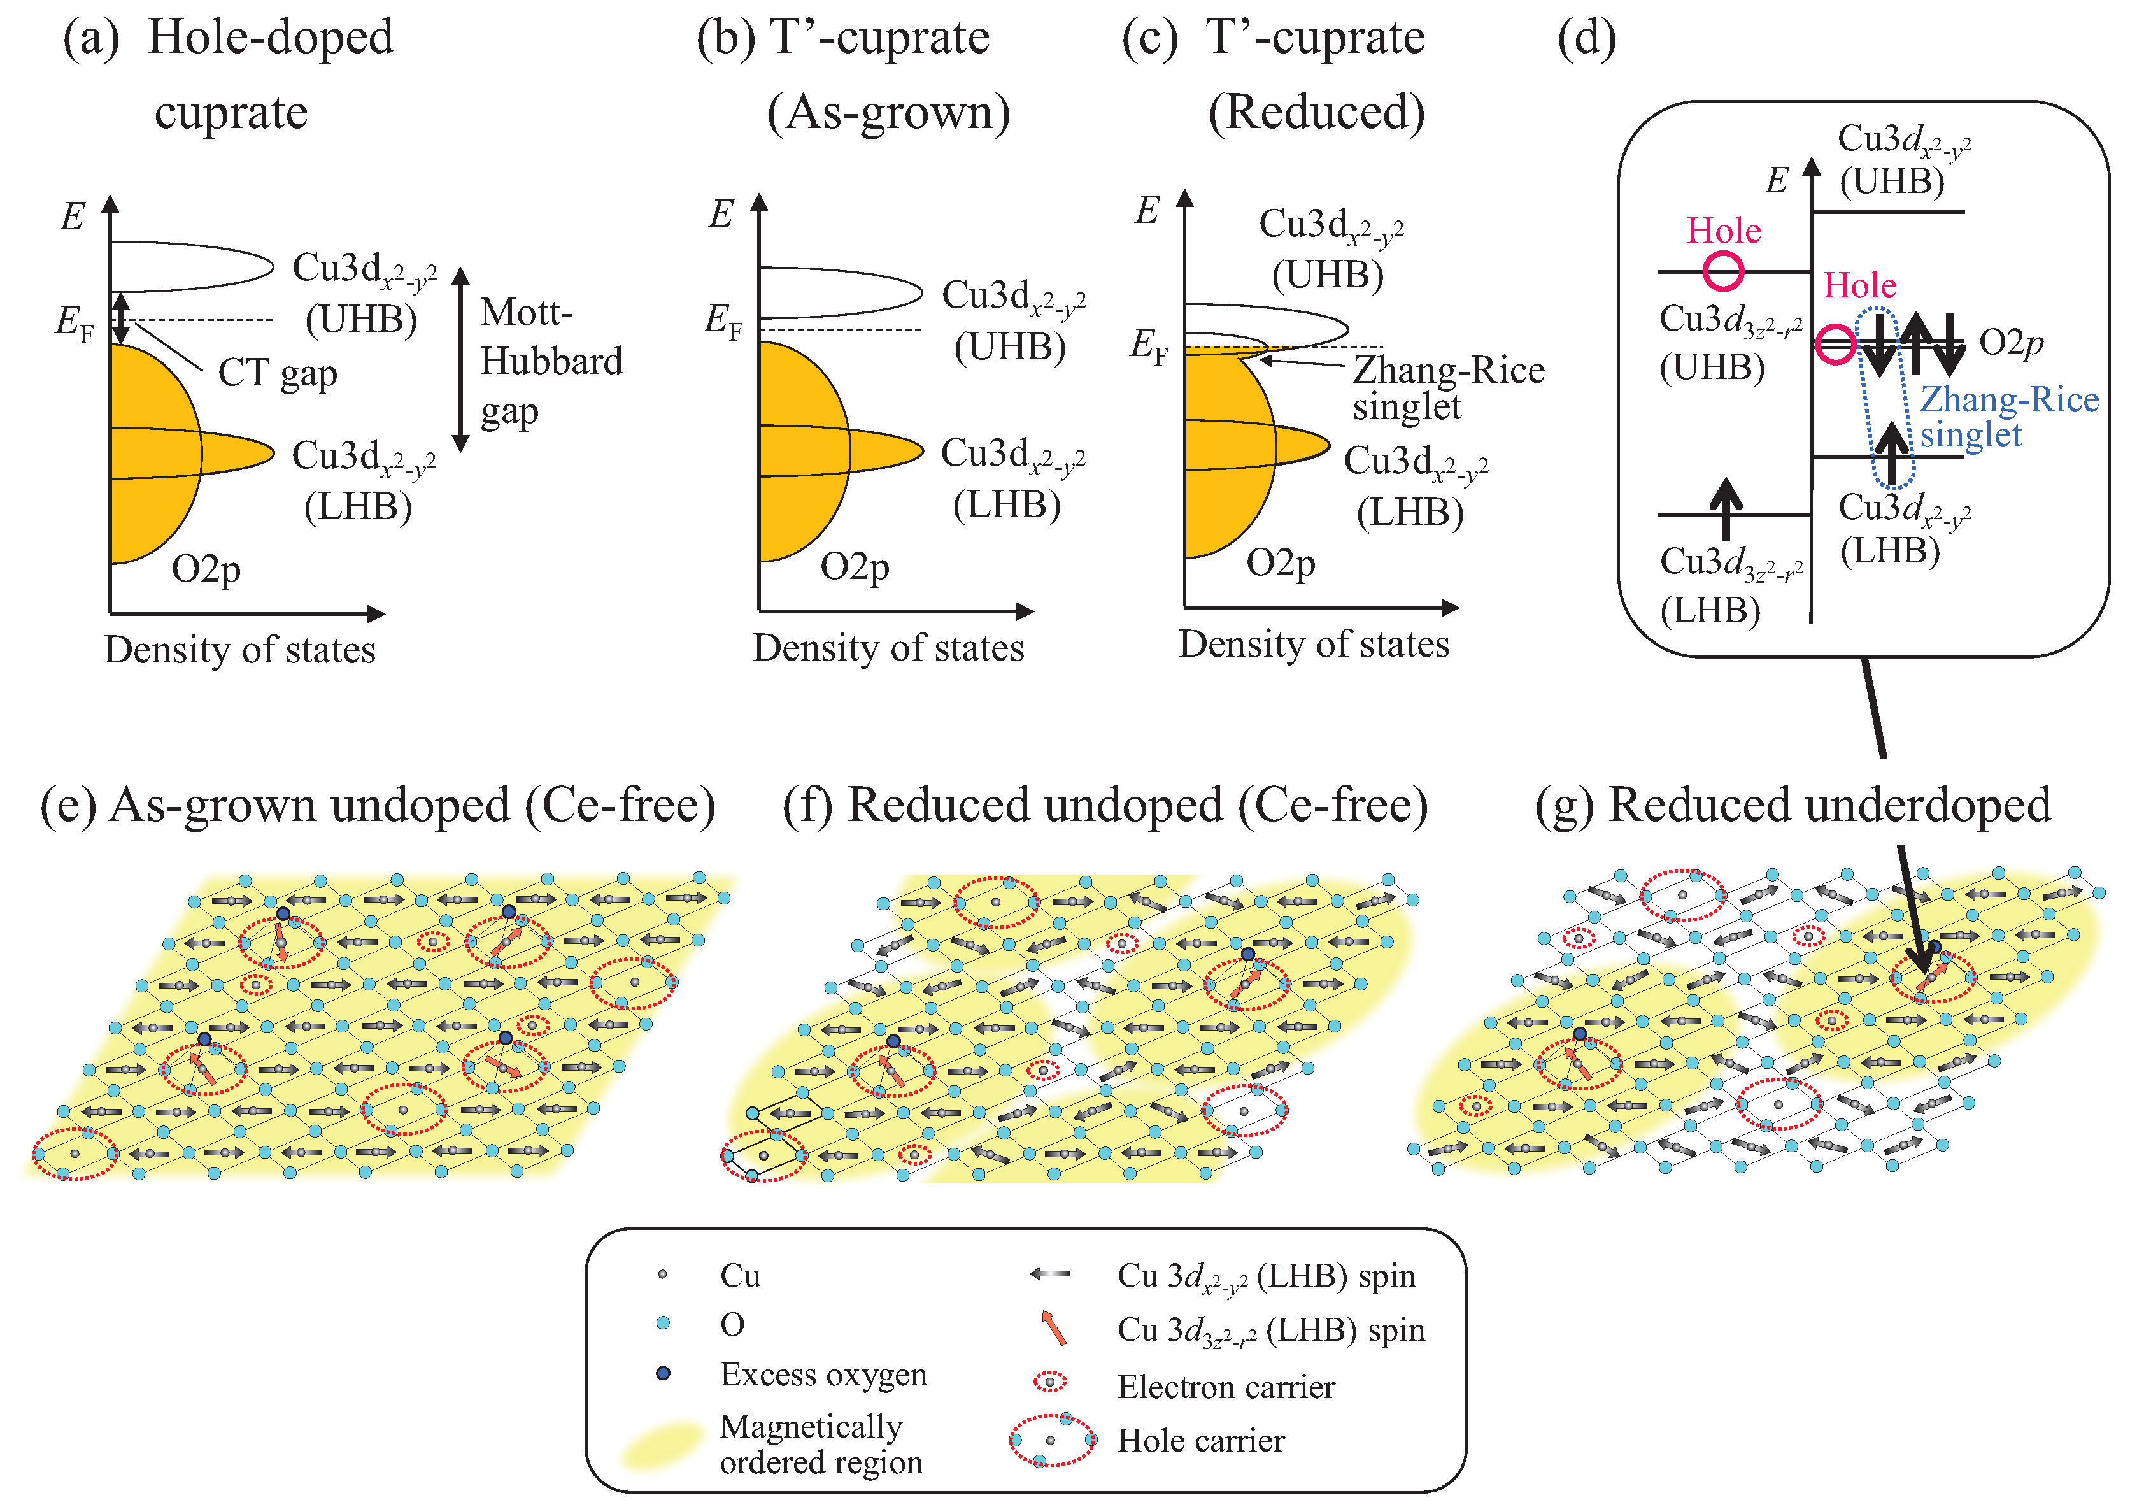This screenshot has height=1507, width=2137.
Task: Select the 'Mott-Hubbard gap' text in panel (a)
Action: point(550,361)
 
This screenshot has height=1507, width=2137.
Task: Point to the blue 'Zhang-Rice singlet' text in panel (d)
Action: point(2008,417)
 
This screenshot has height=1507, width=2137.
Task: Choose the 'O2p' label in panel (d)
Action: point(2010,343)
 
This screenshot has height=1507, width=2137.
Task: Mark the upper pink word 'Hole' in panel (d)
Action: point(1723,231)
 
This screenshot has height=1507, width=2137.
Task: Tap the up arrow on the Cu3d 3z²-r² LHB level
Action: point(1726,508)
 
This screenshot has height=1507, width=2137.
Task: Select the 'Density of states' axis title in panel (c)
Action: point(1313,644)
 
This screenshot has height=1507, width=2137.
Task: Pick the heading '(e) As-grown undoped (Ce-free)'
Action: point(378,805)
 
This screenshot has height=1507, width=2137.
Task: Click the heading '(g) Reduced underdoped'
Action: point(1793,805)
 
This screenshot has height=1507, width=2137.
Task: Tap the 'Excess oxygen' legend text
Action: point(823,1375)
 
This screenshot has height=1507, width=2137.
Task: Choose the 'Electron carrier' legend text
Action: point(1225,1387)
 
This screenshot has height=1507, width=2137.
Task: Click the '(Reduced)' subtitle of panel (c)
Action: point(1315,113)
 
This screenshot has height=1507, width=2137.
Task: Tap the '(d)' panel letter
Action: point(1586,39)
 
